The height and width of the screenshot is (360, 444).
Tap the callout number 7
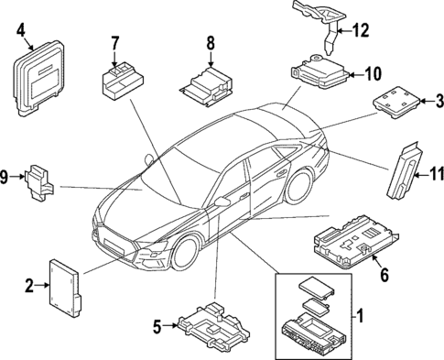(116, 42)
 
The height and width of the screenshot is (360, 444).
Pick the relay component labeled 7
(119, 77)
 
